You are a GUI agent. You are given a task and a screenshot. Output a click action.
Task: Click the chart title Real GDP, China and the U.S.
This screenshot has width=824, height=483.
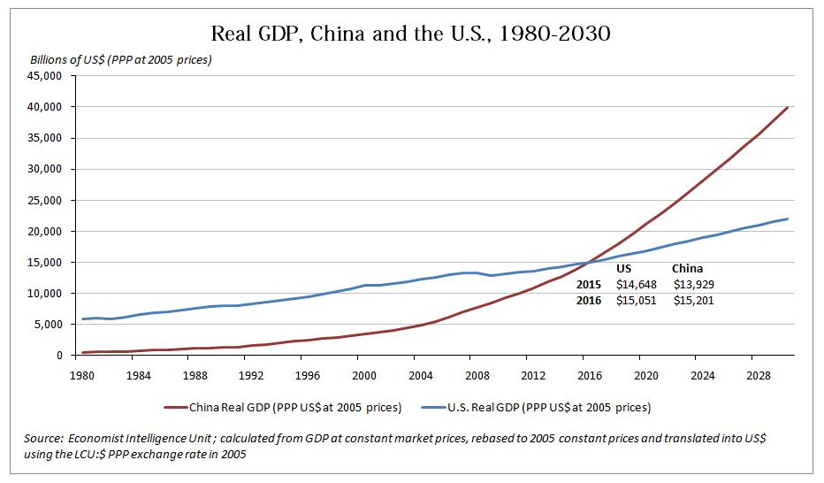click(411, 34)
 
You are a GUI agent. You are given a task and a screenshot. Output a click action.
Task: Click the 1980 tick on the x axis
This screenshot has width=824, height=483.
click(80, 374)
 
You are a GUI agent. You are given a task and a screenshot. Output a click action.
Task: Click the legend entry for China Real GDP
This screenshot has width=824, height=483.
click(284, 408)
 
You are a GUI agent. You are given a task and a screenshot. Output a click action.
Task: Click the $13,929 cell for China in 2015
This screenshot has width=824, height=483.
click(693, 285)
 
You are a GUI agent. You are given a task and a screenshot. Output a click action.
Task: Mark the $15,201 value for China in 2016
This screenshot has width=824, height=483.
click(693, 301)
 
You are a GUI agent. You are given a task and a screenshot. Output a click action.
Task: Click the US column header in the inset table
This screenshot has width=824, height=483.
click(624, 269)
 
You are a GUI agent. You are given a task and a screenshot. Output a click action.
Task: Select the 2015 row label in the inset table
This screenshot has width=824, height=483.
click(588, 285)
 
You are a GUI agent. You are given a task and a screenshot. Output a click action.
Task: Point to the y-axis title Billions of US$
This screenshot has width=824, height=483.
click(121, 60)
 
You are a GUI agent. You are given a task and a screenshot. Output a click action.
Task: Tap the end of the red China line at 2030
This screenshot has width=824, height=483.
click(787, 107)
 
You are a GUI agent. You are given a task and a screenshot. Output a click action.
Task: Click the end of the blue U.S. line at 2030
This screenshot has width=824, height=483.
click(787, 218)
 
